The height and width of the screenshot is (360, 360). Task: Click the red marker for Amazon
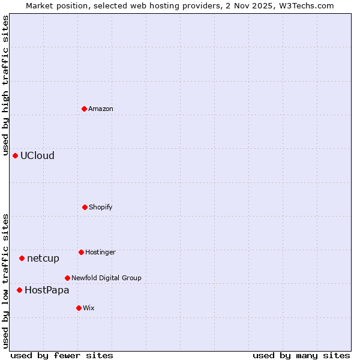point(85,109)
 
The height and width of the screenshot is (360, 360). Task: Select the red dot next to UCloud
point(16,155)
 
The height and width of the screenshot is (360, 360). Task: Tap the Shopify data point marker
point(85,207)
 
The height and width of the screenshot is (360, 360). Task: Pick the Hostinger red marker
point(81,252)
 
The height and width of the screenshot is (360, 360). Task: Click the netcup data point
point(22,258)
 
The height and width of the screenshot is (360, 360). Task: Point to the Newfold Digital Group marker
point(67,278)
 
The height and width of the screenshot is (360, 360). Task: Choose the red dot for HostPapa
point(19,290)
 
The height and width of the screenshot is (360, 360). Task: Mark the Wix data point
point(79,308)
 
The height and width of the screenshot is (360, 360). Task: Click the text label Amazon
point(101,109)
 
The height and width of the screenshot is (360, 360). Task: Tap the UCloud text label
point(37,155)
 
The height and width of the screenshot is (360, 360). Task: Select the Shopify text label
point(101,207)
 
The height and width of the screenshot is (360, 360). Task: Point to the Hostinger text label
point(100,252)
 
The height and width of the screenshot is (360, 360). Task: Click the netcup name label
point(43,258)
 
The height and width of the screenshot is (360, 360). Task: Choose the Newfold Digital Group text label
point(106,278)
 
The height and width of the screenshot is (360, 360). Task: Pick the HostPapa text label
point(47,290)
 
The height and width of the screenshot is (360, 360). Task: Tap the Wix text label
point(89,308)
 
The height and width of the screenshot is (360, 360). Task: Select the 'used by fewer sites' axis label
point(62,355)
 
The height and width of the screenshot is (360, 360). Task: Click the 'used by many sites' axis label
point(301,355)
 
